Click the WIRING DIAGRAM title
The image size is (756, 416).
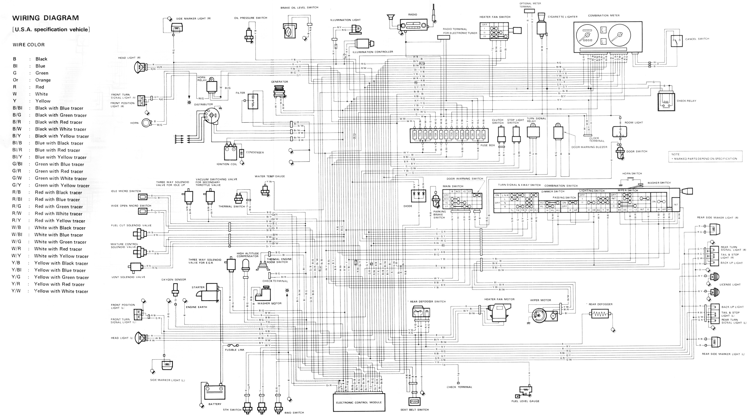(x=46, y=18)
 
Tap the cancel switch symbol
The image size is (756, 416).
(x=676, y=41)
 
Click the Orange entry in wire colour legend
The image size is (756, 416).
(x=43, y=80)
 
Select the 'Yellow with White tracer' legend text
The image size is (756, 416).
(x=61, y=291)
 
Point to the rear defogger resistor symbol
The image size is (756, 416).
(x=599, y=314)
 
